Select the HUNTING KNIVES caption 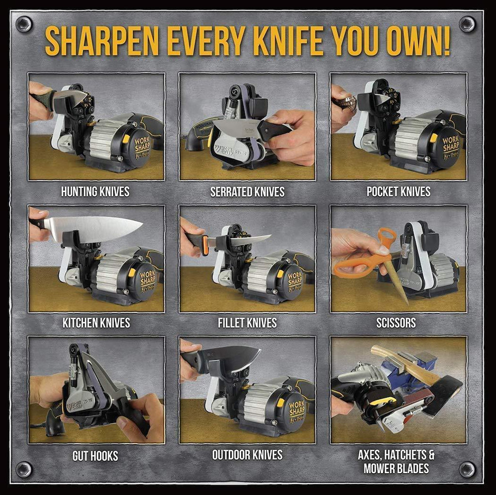pyautogui.click(x=95, y=192)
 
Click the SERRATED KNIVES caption pyautogui.click(x=247, y=192)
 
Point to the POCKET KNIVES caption pyautogui.click(x=398, y=192)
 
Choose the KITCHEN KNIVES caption pyautogui.click(x=96, y=323)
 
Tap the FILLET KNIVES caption pyautogui.click(x=247, y=323)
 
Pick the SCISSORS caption pyautogui.click(x=396, y=323)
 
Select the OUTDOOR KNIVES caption pyautogui.click(x=247, y=455)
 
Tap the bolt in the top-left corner pyautogui.click(x=23, y=24)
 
